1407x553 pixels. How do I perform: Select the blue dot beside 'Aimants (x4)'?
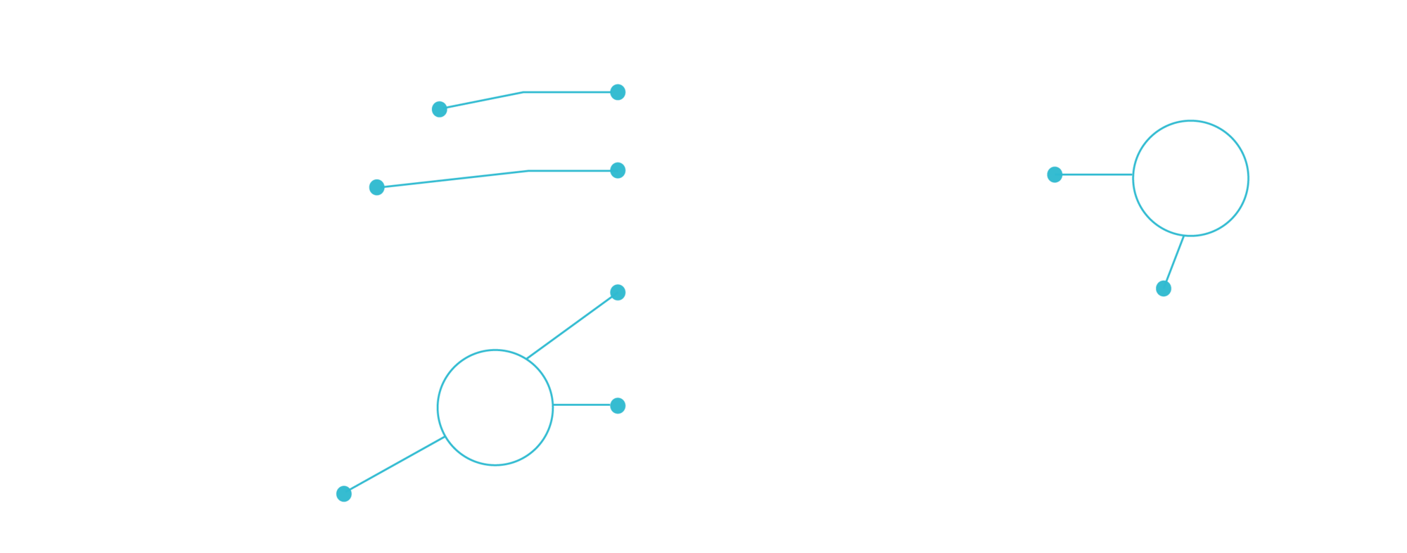[x=618, y=92]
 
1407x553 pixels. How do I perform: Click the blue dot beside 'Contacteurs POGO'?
[x=618, y=170]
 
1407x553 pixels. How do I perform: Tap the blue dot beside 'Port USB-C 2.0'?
[x=618, y=405]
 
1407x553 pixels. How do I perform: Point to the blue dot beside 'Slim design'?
[x=1164, y=289]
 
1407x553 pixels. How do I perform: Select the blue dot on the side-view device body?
[x=1055, y=174]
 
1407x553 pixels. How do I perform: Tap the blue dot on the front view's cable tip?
[x=343, y=494]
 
